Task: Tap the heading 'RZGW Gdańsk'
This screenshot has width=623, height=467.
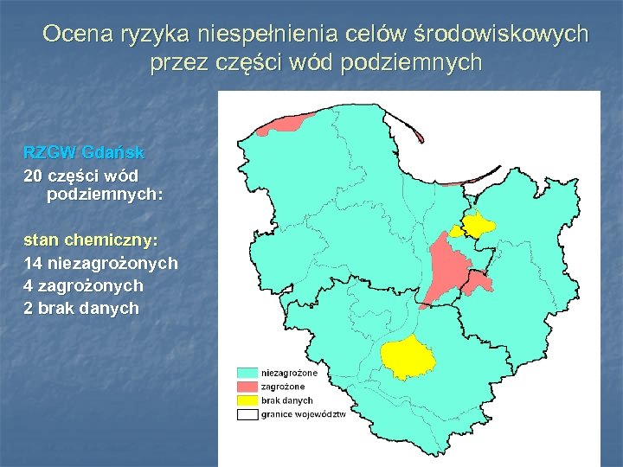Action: (x=84, y=152)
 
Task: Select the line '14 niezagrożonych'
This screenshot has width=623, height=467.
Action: (x=100, y=262)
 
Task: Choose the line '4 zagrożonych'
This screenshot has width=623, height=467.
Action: (x=83, y=285)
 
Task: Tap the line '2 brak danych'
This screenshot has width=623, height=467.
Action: (x=80, y=308)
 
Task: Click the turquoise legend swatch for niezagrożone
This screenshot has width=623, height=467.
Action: (x=248, y=373)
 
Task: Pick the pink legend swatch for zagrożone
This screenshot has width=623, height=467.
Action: (x=248, y=387)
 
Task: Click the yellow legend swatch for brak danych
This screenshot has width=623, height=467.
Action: (x=248, y=400)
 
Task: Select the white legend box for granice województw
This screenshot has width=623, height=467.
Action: (x=248, y=414)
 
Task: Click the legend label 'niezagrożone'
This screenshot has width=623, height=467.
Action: (x=289, y=373)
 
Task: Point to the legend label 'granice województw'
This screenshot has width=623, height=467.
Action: (x=303, y=414)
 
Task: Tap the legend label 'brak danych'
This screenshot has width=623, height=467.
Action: (x=286, y=400)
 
